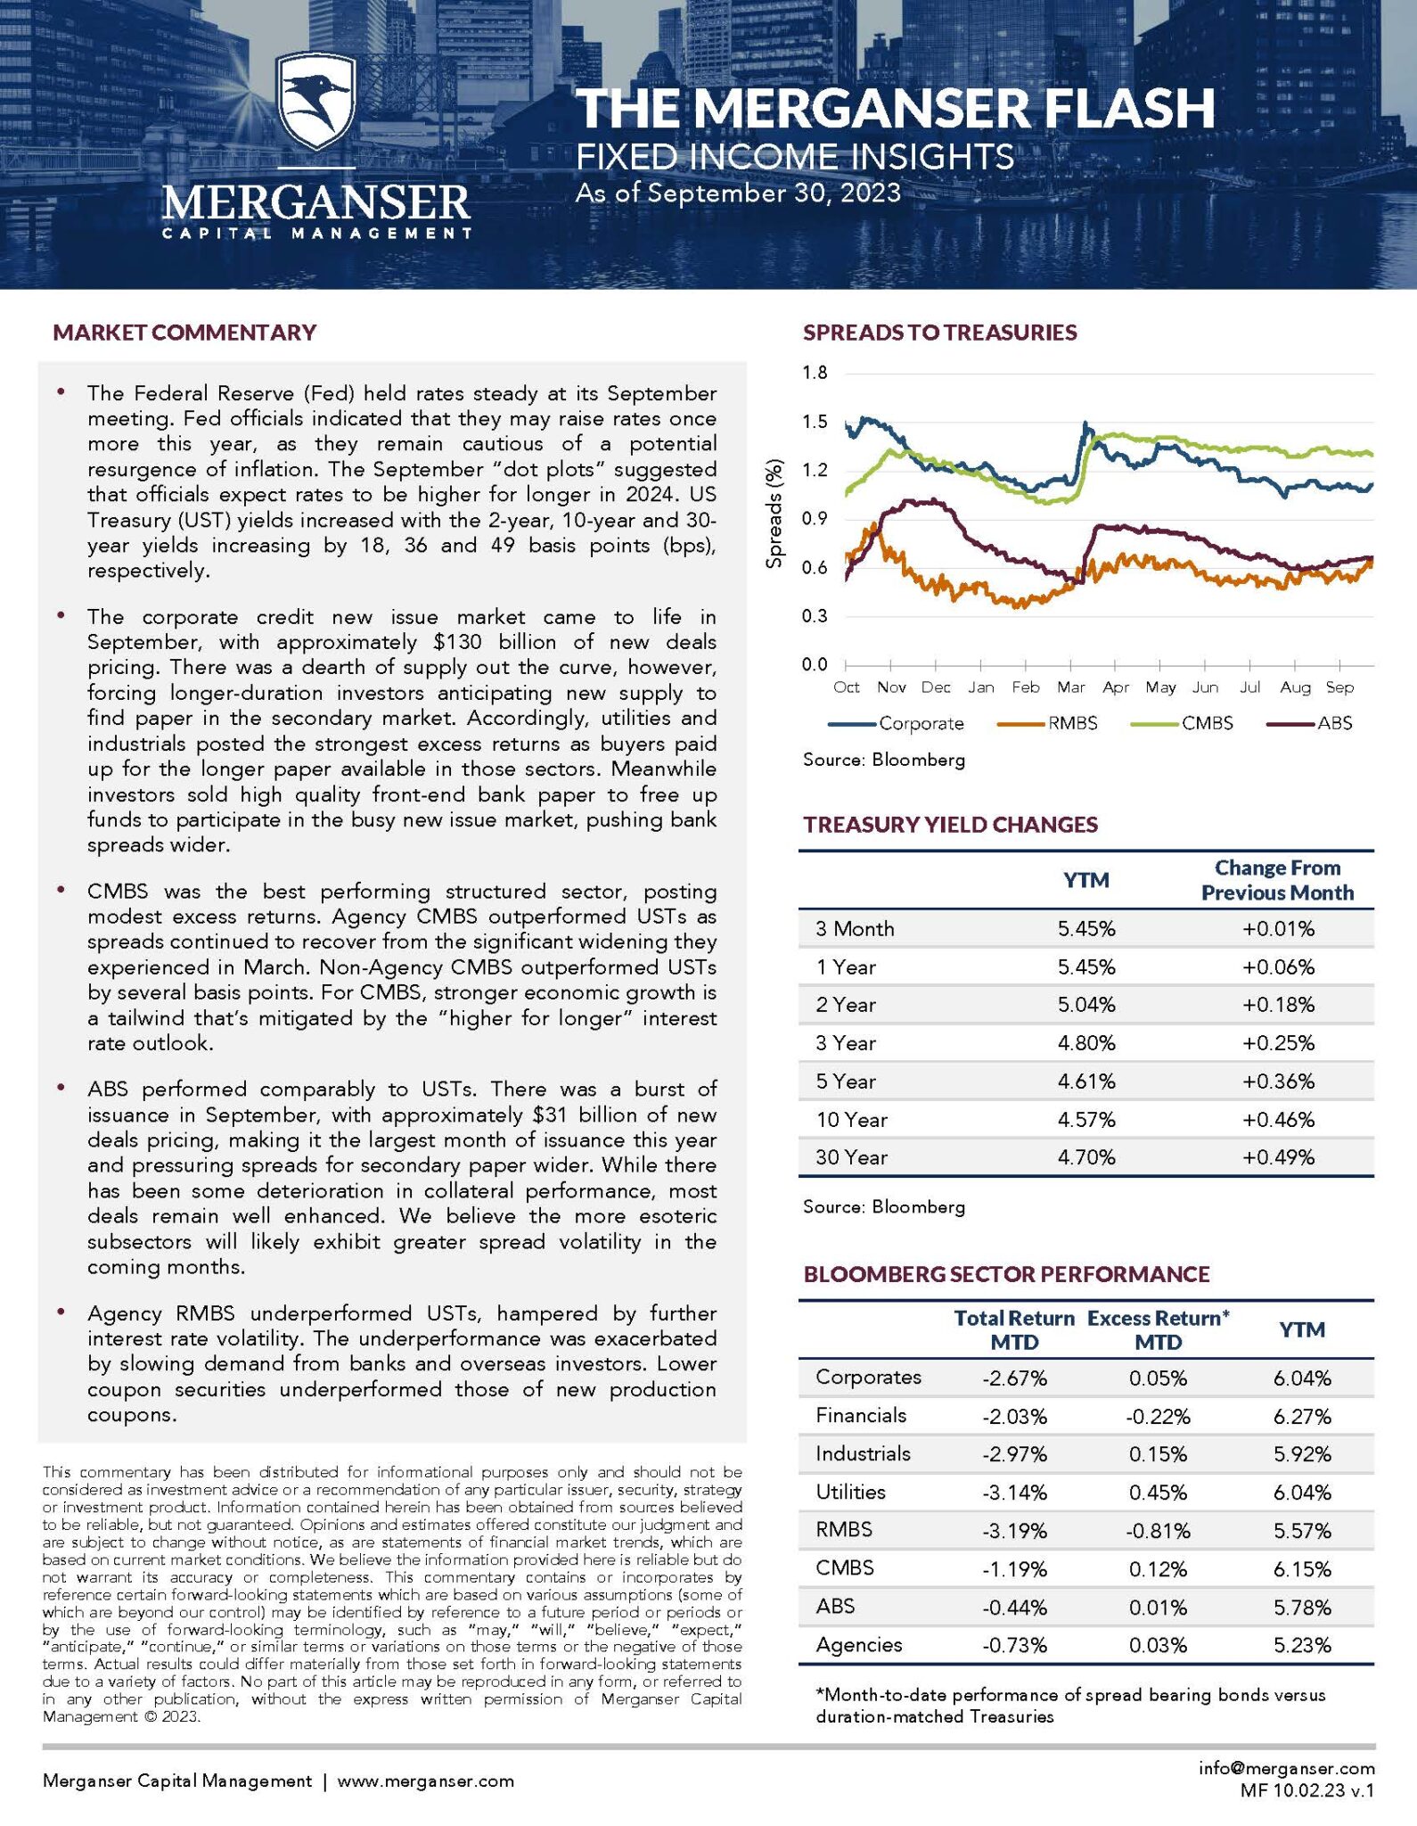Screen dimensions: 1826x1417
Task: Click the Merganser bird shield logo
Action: (x=316, y=101)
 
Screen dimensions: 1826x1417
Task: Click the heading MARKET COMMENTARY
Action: (x=184, y=333)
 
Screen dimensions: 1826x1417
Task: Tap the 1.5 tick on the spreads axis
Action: (x=815, y=422)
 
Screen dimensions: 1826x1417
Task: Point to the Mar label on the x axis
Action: (x=1070, y=687)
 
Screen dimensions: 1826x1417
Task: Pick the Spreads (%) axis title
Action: (x=774, y=514)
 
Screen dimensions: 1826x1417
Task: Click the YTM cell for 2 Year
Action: (x=1086, y=1005)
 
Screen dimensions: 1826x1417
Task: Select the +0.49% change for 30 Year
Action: (x=1278, y=1157)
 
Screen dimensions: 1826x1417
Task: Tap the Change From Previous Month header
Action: (x=1277, y=880)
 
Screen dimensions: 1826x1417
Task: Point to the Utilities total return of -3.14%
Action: (x=1014, y=1493)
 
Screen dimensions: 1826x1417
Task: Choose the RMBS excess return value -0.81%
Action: (x=1158, y=1531)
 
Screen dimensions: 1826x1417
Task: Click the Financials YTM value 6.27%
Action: (x=1302, y=1417)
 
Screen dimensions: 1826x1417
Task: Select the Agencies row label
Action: (x=858, y=1645)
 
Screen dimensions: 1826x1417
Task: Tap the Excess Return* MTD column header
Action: (x=1158, y=1330)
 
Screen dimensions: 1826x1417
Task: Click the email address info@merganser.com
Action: (x=1286, y=1768)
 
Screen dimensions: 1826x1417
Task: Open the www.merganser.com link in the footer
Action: (x=425, y=1781)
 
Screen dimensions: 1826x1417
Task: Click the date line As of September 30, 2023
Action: (x=738, y=193)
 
